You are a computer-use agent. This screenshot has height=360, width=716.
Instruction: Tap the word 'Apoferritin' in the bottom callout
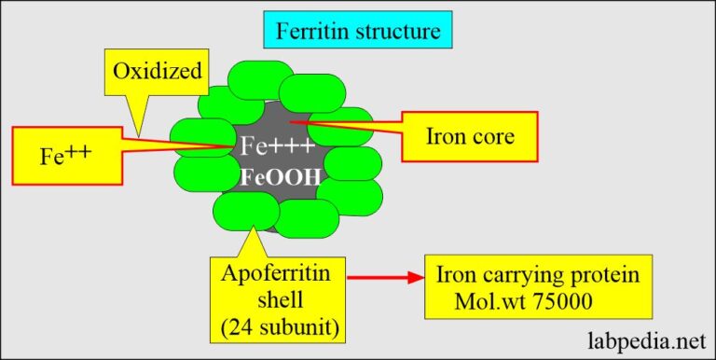point(275,274)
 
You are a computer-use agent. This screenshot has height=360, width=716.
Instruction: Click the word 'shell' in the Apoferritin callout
point(275,300)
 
